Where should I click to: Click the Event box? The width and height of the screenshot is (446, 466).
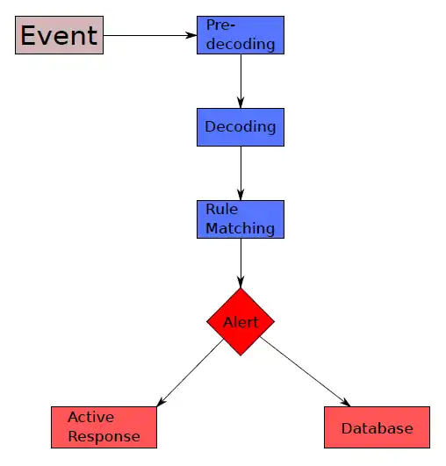tap(59, 35)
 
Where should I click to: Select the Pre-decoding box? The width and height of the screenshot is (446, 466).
tap(241, 35)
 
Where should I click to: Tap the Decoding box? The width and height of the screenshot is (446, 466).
tap(241, 127)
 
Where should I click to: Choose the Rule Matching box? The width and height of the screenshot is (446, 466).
tap(241, 219)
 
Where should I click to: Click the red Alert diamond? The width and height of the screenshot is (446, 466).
tap(241, 322)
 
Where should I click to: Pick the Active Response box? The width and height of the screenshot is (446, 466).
tap(104, 427)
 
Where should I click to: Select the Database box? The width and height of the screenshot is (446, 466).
tap(377, 427)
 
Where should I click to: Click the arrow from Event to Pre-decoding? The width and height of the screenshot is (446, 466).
tap(150, 35)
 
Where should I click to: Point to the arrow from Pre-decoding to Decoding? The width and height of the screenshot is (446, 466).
tap(241, 81)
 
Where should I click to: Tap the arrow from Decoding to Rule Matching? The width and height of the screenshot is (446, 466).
tap(241, 173)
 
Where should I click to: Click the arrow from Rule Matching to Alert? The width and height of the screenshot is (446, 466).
tap(241, 263)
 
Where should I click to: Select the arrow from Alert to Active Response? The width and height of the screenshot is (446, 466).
tap(190, 373)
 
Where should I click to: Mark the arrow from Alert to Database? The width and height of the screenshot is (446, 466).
tap(306, 372)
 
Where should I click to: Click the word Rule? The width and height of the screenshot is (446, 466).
tap(222, 209)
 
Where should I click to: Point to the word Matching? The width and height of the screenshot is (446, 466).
tap(241, 229)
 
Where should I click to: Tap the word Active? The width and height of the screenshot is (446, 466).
tap(91, 417)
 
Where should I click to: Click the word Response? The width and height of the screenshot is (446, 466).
tap(104, 436)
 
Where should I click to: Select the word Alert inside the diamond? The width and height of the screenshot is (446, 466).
tap(241, 322)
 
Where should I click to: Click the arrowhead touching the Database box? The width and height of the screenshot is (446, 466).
tap(345, 402)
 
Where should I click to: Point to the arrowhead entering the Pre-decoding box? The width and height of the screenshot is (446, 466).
tap(191, 35)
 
